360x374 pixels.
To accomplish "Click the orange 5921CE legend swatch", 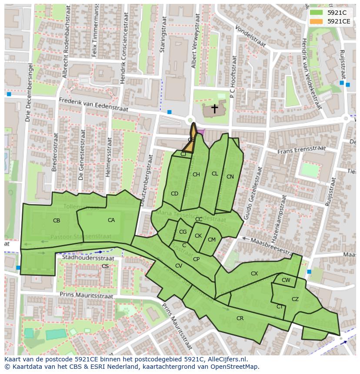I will pos(317,21).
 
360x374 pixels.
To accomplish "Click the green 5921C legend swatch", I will pos(317,13).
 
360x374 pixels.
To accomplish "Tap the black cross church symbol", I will pos(214,109).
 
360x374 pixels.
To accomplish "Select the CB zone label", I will pos(57,221).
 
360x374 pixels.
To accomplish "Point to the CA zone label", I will pos(111,220).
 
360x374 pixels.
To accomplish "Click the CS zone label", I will pos(105,266).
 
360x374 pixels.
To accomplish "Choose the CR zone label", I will pos(240,318).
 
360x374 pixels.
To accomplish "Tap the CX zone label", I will pos(254,274).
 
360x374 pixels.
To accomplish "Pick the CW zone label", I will pos(286,280).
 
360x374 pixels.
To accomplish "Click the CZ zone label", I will pos(295,299).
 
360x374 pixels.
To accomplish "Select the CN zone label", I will pos(230,177).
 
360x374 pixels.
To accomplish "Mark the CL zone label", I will pos(215,174).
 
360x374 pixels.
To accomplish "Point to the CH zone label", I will pos(196,175).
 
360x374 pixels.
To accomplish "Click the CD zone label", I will pos(174,194).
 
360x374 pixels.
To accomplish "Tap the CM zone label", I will pos(212,240).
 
